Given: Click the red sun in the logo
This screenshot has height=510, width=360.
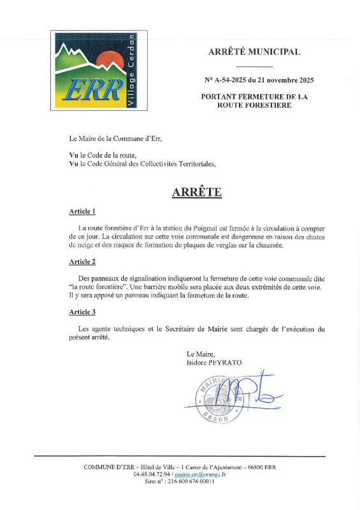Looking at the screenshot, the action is tap(108, 59).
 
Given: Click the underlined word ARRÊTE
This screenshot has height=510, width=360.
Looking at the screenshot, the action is tap(196, 192).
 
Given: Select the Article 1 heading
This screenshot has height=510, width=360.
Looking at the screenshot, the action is tap(82, 212).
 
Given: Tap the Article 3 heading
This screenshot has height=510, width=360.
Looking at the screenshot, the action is tap(82, 312).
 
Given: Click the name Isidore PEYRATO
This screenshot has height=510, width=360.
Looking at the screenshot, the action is tap(214, 363).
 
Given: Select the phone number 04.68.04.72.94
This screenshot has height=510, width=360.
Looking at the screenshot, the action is tap(152, 474).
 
